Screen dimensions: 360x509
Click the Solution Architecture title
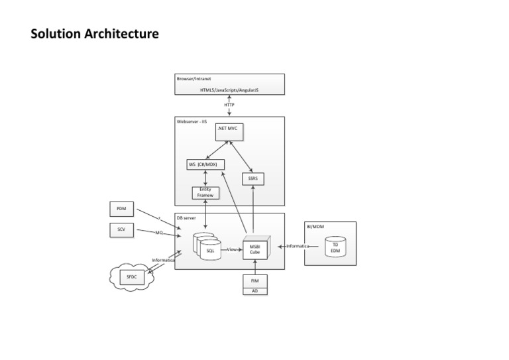(x=95, y=33)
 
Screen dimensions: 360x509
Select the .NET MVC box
(x=227, y=132)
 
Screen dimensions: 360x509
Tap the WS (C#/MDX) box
(x=206, y=164)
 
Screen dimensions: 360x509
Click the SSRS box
(x=253, y=178)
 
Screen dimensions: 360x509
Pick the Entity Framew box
(x=205, y=192)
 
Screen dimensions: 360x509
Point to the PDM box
(x=121, y=209)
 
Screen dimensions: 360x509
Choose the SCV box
(x=121, y=230)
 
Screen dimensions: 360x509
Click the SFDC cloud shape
(x=131, y=276)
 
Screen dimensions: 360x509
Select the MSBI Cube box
(x=254, y=249)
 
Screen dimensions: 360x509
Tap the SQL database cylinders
(x=207, y=247)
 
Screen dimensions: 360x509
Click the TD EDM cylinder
(x=335, y=247)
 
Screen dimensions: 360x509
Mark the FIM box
(x=254, y=281)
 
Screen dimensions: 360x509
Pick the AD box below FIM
(x=254, y=291)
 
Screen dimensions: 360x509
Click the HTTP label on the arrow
(x=229, y=105)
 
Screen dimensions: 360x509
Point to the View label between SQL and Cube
(x=232, y=249)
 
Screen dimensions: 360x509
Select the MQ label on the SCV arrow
(x=159, y=233)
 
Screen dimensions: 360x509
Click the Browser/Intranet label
(x=190, y=79)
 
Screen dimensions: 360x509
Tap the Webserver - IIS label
(x=192, y=122)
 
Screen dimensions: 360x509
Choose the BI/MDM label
(x=315, y=227)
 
